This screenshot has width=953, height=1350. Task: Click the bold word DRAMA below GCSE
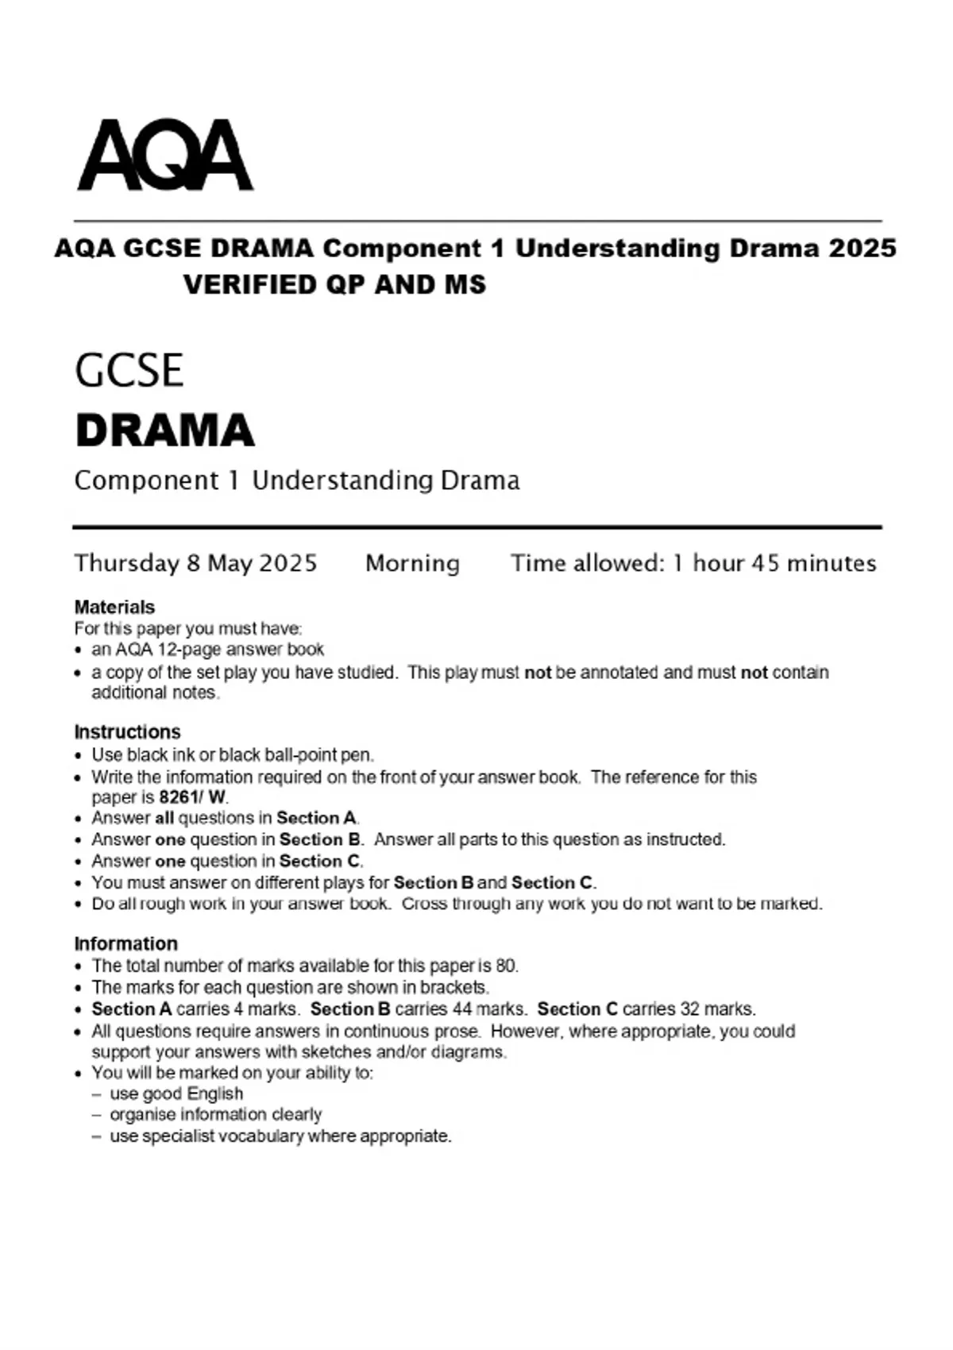point(165,430)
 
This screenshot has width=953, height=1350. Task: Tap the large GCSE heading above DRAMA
point(129,371)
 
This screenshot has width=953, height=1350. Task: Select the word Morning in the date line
point(412,563)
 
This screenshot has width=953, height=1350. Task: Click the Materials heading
point(114,607)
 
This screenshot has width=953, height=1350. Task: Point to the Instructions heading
point(127,731)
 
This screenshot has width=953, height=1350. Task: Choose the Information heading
point(125,943)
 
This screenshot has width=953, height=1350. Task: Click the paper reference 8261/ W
point(192,797)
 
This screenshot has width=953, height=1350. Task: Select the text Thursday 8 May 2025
point(195,563)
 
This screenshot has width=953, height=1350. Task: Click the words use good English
point(176,1093)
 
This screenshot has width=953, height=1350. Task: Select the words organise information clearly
point(215,1115)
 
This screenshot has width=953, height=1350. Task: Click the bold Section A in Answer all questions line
point(317,818)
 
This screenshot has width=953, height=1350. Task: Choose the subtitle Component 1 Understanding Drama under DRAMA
point(297,480)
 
